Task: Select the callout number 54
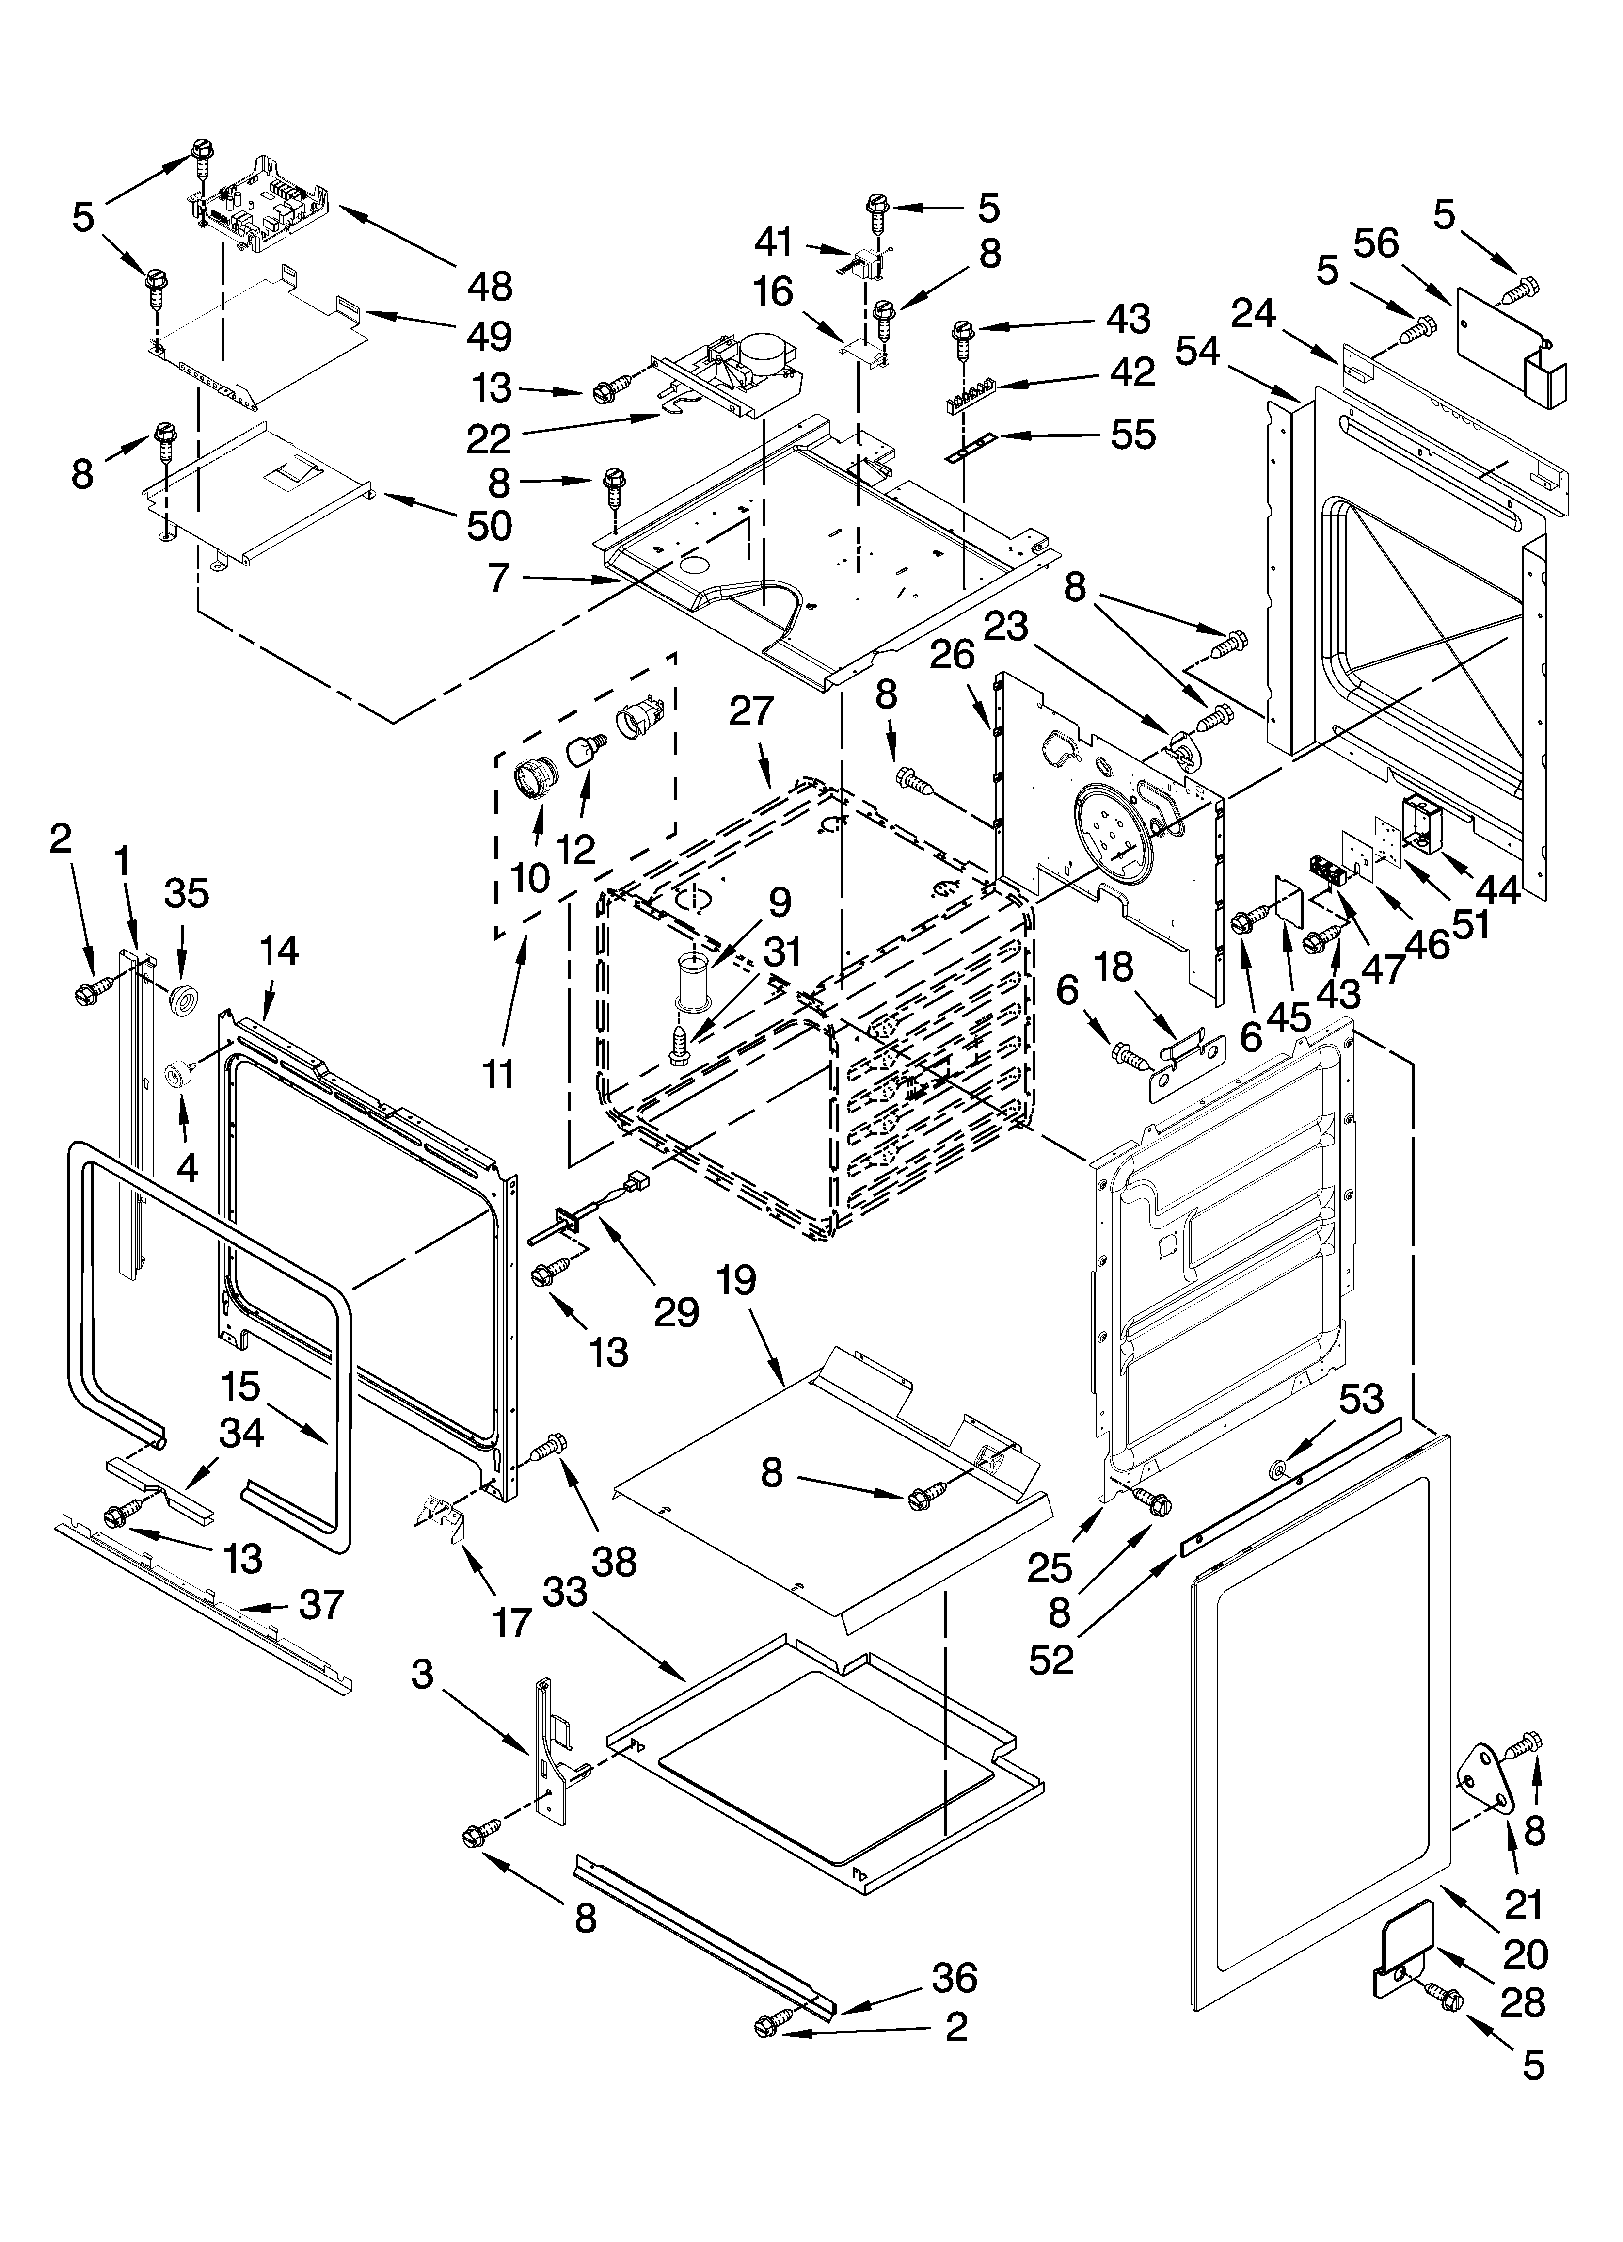click(x=1198, y=351)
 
